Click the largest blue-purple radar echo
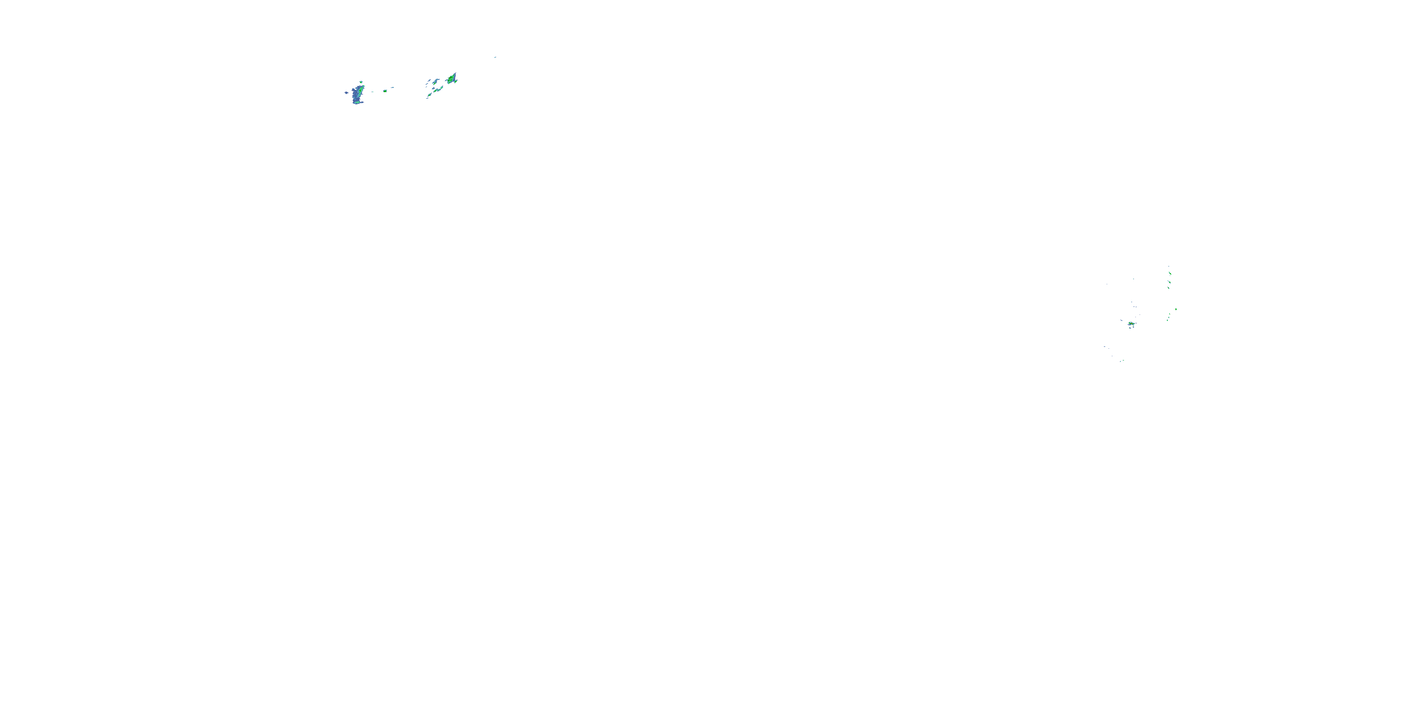356,96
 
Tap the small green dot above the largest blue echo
361,82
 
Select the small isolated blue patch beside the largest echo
346,93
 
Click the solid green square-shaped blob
385,91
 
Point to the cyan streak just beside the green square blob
392,87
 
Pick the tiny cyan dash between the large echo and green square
373,92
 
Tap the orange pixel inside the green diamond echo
450,78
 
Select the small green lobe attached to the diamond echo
456,82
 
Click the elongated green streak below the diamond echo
438,90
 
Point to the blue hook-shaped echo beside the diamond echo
436,82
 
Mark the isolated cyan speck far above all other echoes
495,57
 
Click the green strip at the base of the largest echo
357,102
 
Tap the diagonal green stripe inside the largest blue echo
361,90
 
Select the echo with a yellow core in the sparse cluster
1132,323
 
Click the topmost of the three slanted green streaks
1170,273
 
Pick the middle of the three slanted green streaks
1169,282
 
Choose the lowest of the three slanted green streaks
1169,289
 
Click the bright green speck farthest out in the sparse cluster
1176,309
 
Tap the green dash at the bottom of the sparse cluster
1124,360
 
